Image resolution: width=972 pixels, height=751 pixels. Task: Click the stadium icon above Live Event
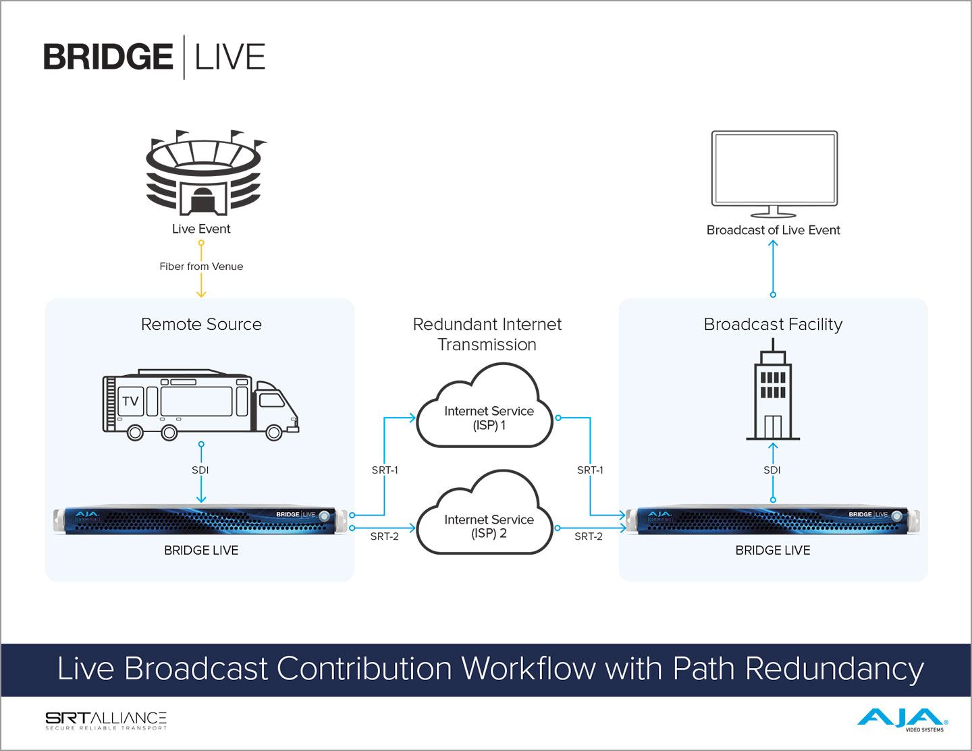click(x=204, y=173)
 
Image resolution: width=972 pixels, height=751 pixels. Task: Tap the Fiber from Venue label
click(x=201, y=267)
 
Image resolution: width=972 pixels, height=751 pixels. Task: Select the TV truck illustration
click(x=200, y=405)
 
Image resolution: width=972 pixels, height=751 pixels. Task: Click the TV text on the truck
click(x=130, y=401)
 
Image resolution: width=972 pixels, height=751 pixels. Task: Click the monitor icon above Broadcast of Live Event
click(x=774, y=172)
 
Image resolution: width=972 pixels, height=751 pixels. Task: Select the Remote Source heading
click(x=201, y=325)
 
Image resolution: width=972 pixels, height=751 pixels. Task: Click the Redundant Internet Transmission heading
click(x=487, y=334)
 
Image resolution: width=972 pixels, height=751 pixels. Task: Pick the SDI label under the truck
click(x=200, y=470)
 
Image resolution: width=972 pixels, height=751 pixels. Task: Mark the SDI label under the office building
click(x=772, y=470)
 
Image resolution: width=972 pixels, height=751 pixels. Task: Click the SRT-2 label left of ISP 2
click(x=385, y=536)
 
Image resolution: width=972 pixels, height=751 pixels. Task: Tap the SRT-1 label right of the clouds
click(x=590, y=470)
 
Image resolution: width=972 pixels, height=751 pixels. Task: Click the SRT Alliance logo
click(x=106, y=720)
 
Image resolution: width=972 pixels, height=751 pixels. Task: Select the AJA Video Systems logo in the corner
click(x=902, y=719)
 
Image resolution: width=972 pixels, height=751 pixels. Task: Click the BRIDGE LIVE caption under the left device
click(x=201, y=551)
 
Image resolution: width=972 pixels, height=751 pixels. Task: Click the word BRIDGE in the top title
click(x=108, y=57)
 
